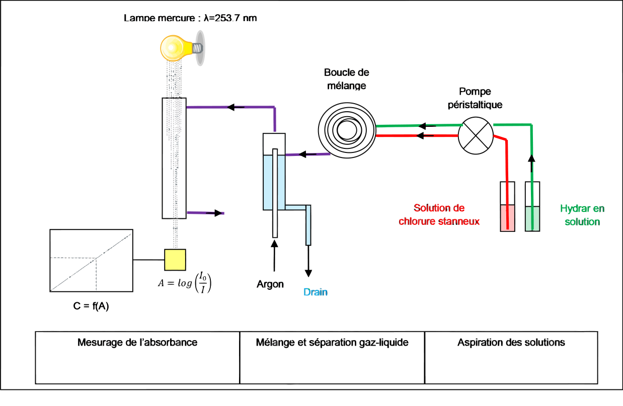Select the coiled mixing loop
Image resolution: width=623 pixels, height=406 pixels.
347,129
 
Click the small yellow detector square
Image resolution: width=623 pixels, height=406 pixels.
175,260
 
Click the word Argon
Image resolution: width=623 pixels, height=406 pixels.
270,284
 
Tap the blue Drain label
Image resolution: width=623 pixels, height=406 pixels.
315,292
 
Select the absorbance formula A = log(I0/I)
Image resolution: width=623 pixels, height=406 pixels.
185,283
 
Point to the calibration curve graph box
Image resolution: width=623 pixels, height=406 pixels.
91,260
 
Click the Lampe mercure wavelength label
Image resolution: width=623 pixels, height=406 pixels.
190,18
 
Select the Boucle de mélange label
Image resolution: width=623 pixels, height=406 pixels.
346,79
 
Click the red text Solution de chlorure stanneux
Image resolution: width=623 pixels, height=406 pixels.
439,215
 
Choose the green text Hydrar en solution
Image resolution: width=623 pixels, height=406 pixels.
582,215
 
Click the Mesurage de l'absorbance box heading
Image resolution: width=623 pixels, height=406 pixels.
137,343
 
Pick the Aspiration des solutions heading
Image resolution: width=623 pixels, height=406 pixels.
511,343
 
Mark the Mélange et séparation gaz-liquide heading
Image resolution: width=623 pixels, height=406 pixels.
332,343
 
